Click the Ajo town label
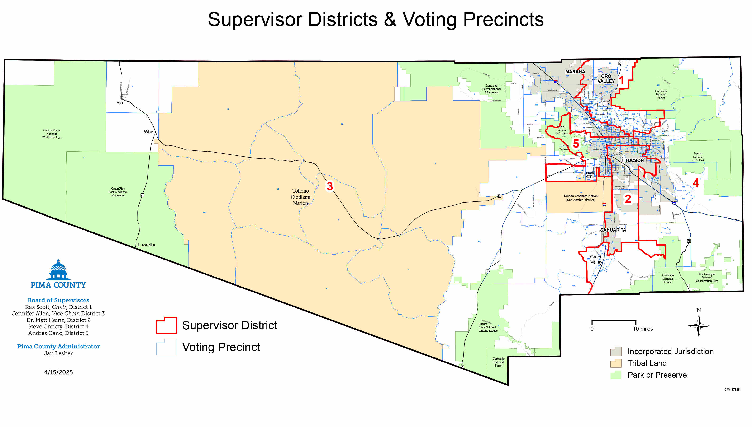tap(119, 103)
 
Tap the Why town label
tap(148, 132)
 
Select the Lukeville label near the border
tap(146, 245)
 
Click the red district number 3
tap(329, 186)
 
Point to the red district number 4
tap(696, 183)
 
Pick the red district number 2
tap(628, 199)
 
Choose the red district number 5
tap(576, 144)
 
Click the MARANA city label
tap(575, 72)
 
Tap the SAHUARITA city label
tap(613, 230)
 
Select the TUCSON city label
tap(634, 160)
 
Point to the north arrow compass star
tap(699, 325)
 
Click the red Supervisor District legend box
tap(166, 325)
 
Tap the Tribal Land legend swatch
tap(616, 363)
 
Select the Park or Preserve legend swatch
tap(616, 375)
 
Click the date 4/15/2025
tap(58, 372)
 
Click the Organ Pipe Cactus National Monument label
tap(118, 192)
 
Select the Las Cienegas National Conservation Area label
tap(707, 277)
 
